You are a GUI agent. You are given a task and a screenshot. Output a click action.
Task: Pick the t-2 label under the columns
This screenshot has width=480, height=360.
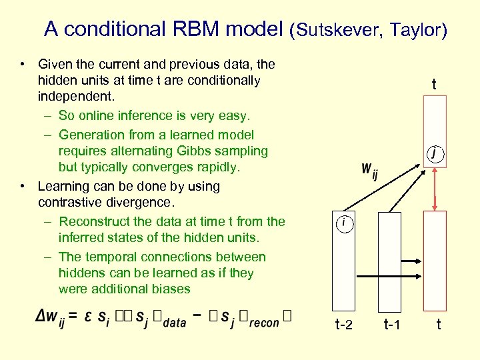point(343,325)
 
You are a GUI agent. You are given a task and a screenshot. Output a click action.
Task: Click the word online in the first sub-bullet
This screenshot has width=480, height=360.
point(97,116)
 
